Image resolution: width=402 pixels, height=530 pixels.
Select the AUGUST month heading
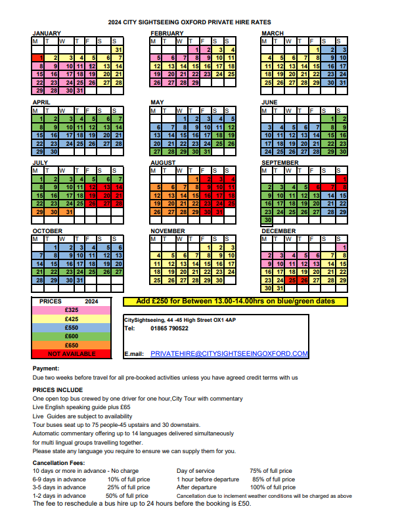[x=163, y=162]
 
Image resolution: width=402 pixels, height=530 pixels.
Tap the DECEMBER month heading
[x=279, y=231]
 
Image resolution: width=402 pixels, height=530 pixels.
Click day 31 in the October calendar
[x=79, y=280]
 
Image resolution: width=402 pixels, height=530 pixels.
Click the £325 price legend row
[x=72, y=310]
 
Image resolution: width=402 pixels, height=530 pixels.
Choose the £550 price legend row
[x=72, y=327]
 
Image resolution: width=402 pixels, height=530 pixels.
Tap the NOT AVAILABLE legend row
[x=72, y=353]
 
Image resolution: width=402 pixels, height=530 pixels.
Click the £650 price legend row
[x=72, y=345]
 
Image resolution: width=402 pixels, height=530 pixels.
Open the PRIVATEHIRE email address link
[x=229, y=353]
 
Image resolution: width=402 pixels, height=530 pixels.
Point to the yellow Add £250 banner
[x=234, y=301]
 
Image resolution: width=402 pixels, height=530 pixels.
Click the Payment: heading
[x=46, y=368]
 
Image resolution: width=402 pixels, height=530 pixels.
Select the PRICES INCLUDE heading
[x=58, y=389]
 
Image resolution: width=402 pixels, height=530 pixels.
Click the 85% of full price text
[x=274, y=479]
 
